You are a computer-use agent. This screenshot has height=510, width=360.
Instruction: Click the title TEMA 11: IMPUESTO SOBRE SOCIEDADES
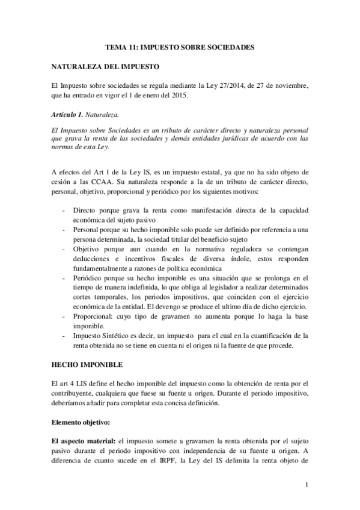pyautogui.click(x=180, y=46)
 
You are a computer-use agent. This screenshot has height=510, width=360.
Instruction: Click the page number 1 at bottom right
pyautogui.click(x=307, y=485)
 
